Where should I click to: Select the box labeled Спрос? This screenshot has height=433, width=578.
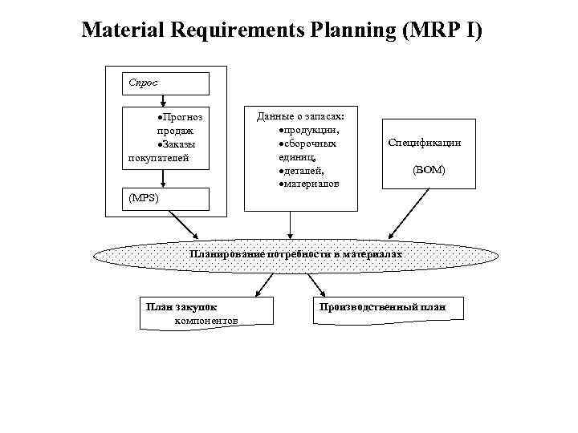[165, 83]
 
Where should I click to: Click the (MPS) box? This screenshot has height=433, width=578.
[165, 199]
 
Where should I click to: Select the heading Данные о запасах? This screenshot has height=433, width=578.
[301, 116]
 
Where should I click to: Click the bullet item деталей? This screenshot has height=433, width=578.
[300, 170]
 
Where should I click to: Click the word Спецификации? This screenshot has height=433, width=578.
[424, 143]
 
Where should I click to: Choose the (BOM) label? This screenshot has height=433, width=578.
[429, 170]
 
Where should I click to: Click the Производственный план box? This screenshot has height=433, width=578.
[381, 308]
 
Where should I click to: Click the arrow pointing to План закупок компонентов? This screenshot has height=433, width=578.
[263, 285]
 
